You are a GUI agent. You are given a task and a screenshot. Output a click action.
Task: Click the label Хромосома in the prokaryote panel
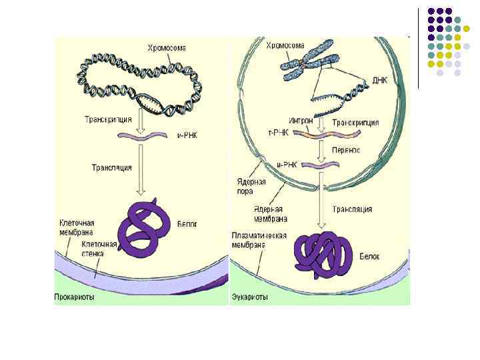[x=167, y=48]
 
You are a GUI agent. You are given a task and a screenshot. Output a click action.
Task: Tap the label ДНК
[x=379, y=80]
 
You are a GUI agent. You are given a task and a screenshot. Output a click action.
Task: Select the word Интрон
[x=300, y=121]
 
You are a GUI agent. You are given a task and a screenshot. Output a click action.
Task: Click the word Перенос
[x=346, y=151]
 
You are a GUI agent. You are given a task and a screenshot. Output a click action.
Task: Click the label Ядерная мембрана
[x=270, y=213]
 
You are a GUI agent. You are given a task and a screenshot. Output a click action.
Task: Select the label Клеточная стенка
[x=99, y=249]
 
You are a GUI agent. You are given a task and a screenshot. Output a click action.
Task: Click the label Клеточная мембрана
[x=75, y=227]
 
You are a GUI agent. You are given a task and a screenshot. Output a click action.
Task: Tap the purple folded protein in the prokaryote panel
[x=140, y=231]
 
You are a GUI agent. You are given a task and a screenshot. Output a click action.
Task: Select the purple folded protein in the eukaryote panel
[x=324, y=253]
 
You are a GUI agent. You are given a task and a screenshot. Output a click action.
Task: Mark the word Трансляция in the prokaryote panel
[x=111, y=168]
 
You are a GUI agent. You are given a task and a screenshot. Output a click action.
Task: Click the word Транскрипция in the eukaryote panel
[x=355, y=123]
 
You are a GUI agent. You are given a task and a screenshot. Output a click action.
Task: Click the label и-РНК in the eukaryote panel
[x=287, y=164]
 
